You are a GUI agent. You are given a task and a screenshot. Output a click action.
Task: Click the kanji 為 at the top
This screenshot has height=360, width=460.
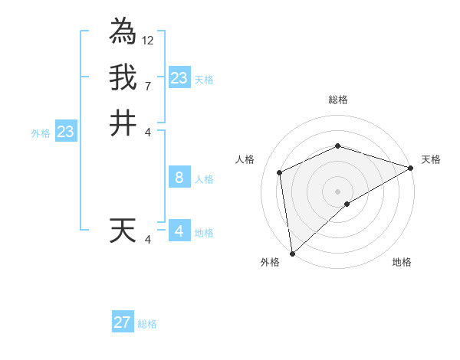coord(123,31)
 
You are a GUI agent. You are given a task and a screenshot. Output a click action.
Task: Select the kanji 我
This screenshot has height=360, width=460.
coord(123,77)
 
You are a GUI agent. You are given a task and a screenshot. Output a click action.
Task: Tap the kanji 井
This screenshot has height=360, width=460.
coord(123,123)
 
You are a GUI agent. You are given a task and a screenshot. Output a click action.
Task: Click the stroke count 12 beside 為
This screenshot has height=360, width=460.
coord(148,40)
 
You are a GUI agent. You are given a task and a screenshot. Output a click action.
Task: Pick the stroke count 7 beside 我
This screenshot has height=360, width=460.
coord(147,86)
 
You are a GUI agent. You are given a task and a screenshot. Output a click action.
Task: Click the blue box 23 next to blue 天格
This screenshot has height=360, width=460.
coord(179,78)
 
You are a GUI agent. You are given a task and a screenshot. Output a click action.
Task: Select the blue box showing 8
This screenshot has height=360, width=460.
coord(179,178)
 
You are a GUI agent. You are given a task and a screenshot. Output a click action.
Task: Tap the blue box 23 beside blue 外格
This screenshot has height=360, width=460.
coord(66,132)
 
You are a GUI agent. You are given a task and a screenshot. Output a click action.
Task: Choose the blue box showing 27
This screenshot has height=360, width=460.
coord(123,322)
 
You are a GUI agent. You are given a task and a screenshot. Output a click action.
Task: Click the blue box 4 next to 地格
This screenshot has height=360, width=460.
coord(179,231)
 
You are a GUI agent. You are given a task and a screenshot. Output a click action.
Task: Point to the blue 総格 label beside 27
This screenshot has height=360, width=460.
coord(148,324)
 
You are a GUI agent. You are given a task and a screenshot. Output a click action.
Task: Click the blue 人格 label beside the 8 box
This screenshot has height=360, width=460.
coord(204,179)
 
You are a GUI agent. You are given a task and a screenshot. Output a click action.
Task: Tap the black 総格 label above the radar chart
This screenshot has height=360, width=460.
coord(337,100)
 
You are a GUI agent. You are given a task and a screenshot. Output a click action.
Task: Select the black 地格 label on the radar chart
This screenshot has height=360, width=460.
coord(402,262)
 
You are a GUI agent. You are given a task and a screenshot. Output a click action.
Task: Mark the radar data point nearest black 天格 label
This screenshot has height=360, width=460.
coord(411,169)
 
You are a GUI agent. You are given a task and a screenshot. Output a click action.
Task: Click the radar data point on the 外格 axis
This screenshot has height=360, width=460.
coord(292,254)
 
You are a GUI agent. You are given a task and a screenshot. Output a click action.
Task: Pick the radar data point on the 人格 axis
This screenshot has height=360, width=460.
coord(280,172)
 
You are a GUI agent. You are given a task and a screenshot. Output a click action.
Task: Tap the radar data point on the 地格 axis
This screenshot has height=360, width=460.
coord(347,204)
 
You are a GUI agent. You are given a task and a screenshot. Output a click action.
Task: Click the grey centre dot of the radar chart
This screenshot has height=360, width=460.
coord(337,191)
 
